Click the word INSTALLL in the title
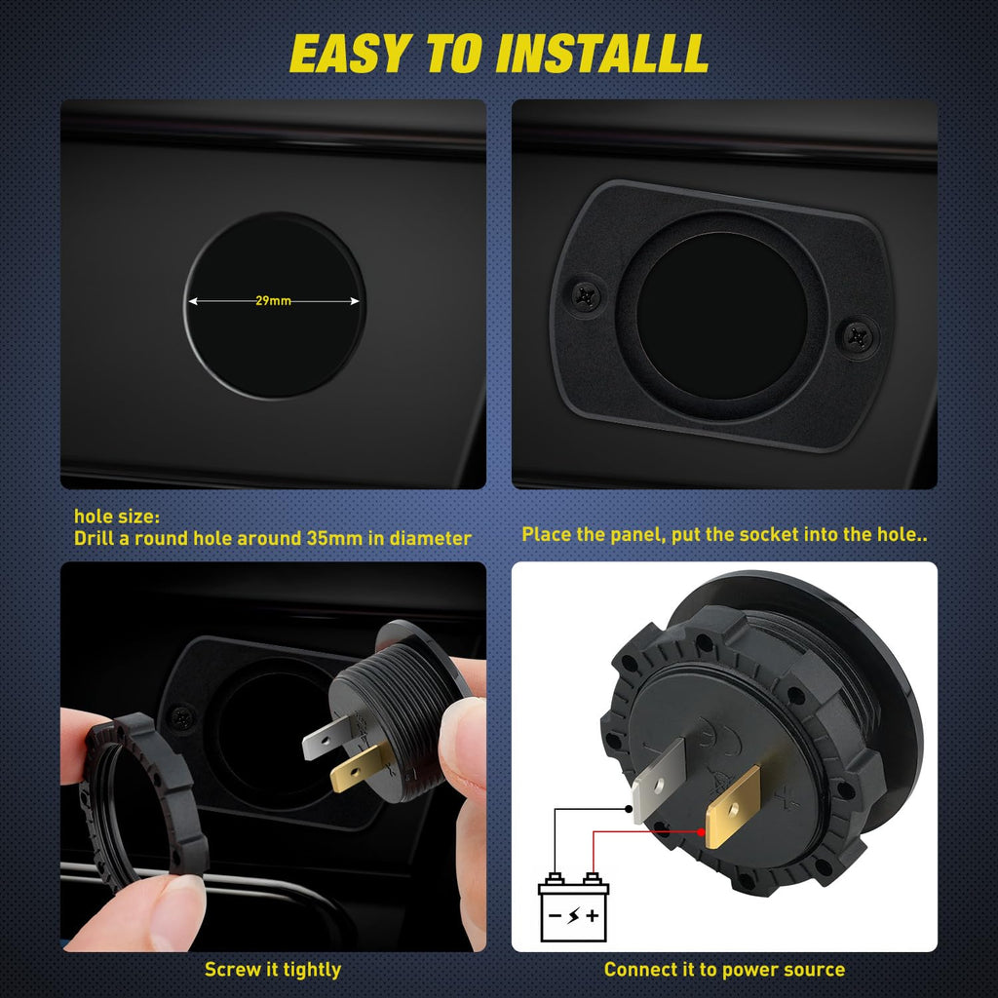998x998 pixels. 602,54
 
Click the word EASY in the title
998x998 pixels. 350,54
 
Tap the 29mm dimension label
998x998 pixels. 273,300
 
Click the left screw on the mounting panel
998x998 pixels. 586,295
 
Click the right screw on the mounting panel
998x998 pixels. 858,336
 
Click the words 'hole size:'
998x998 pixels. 117,517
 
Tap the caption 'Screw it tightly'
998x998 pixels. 273,970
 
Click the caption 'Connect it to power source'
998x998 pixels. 724,970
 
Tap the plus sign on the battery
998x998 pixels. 593,916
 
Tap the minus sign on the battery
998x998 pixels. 555,916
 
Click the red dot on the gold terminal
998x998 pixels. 701,832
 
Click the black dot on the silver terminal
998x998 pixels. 629,809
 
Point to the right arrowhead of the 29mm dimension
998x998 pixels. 355,301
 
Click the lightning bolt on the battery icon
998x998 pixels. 573,916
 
